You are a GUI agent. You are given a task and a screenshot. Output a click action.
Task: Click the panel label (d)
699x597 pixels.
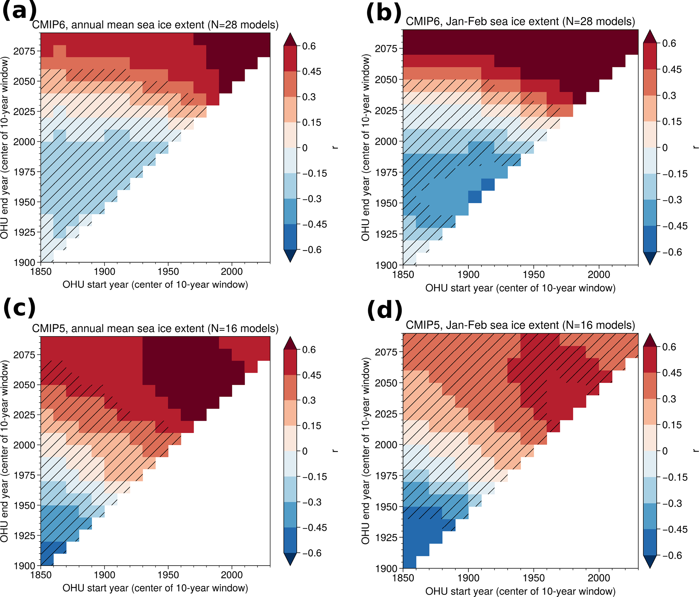385,310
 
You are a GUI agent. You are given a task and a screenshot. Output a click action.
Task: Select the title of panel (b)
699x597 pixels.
520,21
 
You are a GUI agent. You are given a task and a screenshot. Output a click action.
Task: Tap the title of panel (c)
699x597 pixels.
155,328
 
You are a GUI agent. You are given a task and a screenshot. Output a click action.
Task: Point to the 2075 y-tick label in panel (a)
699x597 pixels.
24,51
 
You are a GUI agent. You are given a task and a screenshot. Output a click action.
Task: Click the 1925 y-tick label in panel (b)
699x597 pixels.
386,234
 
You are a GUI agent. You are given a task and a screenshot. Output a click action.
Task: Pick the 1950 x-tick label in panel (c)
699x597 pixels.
168,575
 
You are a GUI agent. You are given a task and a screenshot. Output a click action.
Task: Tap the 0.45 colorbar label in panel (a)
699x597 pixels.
311,72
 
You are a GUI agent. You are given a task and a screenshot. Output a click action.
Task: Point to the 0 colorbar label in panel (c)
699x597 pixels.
305,451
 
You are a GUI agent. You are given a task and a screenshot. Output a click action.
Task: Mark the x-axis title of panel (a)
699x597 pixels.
155,285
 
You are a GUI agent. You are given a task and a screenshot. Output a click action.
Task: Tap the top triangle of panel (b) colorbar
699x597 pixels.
650,37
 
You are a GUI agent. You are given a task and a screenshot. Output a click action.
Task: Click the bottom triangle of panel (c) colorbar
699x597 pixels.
290,559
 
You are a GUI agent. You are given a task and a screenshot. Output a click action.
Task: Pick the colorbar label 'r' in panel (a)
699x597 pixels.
335,148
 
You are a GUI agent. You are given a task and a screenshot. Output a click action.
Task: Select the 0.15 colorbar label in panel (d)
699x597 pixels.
672,425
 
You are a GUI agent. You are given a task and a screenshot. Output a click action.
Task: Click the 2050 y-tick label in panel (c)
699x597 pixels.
24,385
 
